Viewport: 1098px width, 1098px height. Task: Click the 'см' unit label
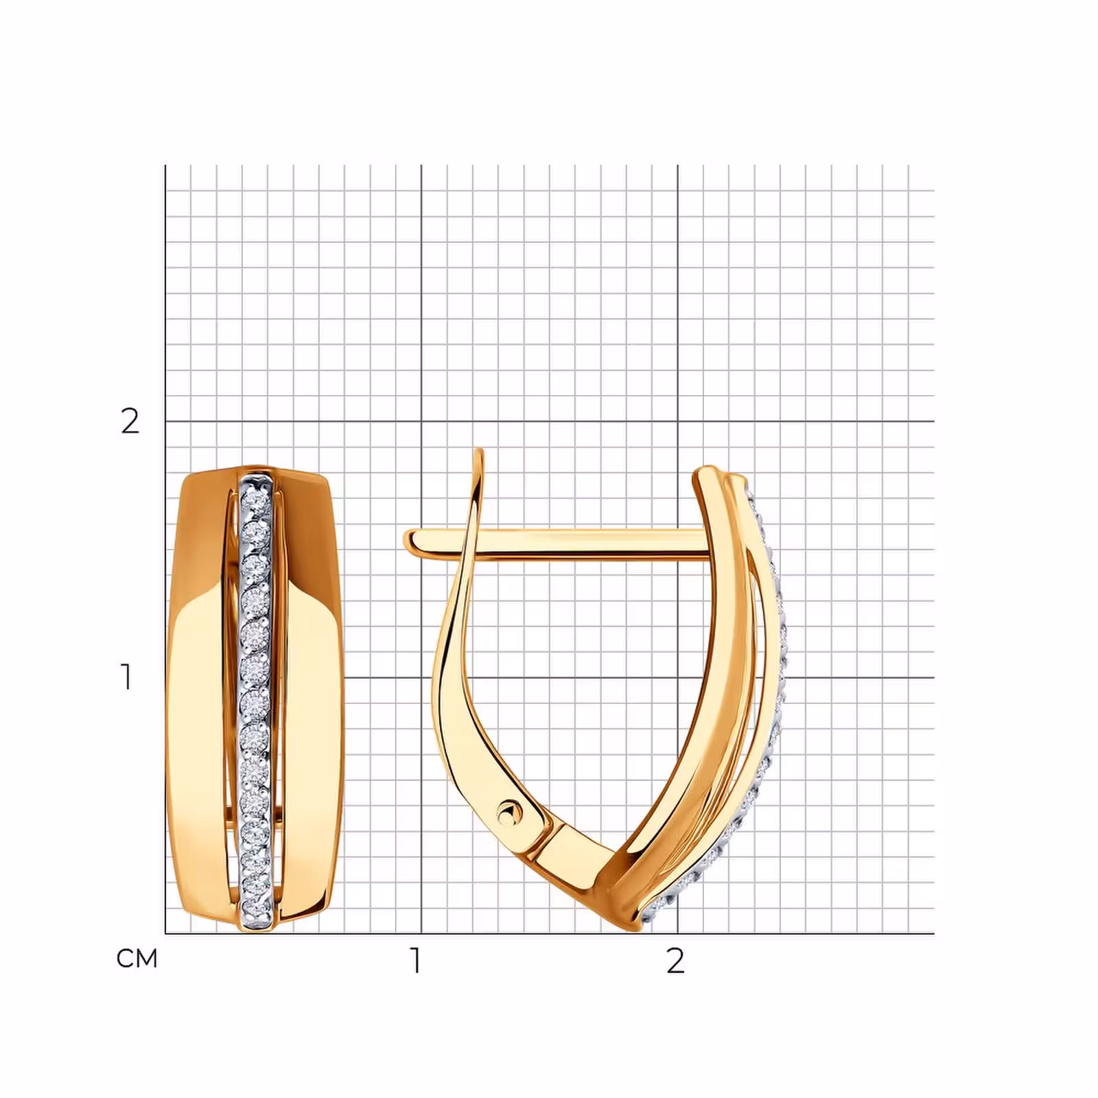click(x=137, y=959)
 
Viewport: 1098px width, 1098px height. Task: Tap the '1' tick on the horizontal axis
click(x=416, y=961)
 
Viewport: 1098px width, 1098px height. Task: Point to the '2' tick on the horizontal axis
click(x=676, y=961)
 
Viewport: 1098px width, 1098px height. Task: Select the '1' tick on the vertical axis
click(x=126, y=677)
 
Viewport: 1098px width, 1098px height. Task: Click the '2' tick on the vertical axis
click(x=130, y=421)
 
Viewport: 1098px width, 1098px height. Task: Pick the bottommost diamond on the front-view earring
click(x=256, y=909)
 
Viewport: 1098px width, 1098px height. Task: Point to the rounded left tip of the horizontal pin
click(x=410, y=540)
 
